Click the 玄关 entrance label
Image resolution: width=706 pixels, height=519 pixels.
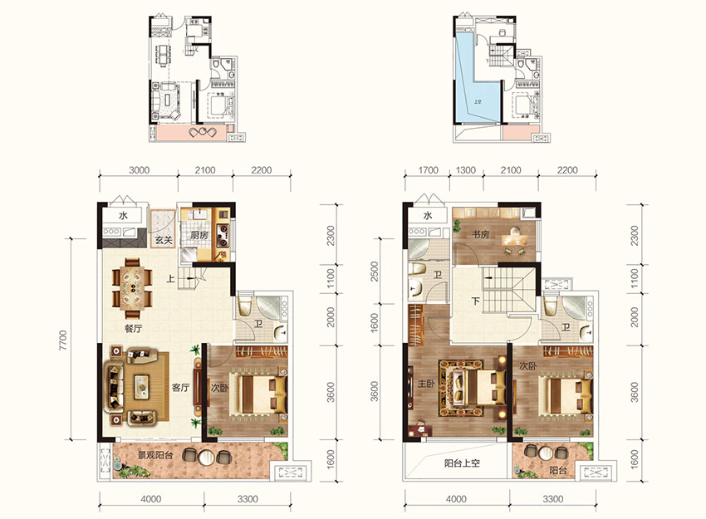pyautogui.click(x=164, y=240)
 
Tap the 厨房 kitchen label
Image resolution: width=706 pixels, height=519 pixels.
pyautogui.click(x=199, y=235)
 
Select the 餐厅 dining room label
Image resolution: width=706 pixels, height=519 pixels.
pyautogui.click(x=133, y=329)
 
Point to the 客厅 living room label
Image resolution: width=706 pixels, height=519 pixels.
pyautogui.click(x=180, y=387)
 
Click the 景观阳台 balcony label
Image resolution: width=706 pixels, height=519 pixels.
pyautogui.click(x=155, y=455)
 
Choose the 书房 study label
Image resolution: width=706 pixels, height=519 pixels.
pyautogui.click(x=480, y=234)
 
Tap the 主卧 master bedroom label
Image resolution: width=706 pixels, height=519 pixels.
pyautogui.click(x=426, y=383)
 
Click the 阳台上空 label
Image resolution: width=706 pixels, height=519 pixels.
pyautogui.click(x=462, y=463)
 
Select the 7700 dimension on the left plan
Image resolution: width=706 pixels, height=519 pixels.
pyautogui.click(x=62, y=340)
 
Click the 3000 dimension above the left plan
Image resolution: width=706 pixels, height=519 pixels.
pyautogui.click(x=140, y=170)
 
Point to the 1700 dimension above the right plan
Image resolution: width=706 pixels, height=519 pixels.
pyautogui.click(x=429, y=170)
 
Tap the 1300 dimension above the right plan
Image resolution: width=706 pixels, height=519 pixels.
pyautogui.click(x=466, y=170)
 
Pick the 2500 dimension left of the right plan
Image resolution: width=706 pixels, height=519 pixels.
pyautogui.click(x=374, y=272)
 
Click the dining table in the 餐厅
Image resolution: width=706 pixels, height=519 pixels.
pyautogui.click(x=132, y=288)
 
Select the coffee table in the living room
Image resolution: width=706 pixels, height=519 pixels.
pyautogui.click(x=142, y=387)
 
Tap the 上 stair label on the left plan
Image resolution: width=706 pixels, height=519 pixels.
pyautogui.click(x=170, y=279)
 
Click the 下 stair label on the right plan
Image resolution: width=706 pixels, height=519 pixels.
pyautogui.click(x=476, y=301)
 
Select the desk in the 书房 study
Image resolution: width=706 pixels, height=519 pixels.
pyautogui.click(x=512, y=237)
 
